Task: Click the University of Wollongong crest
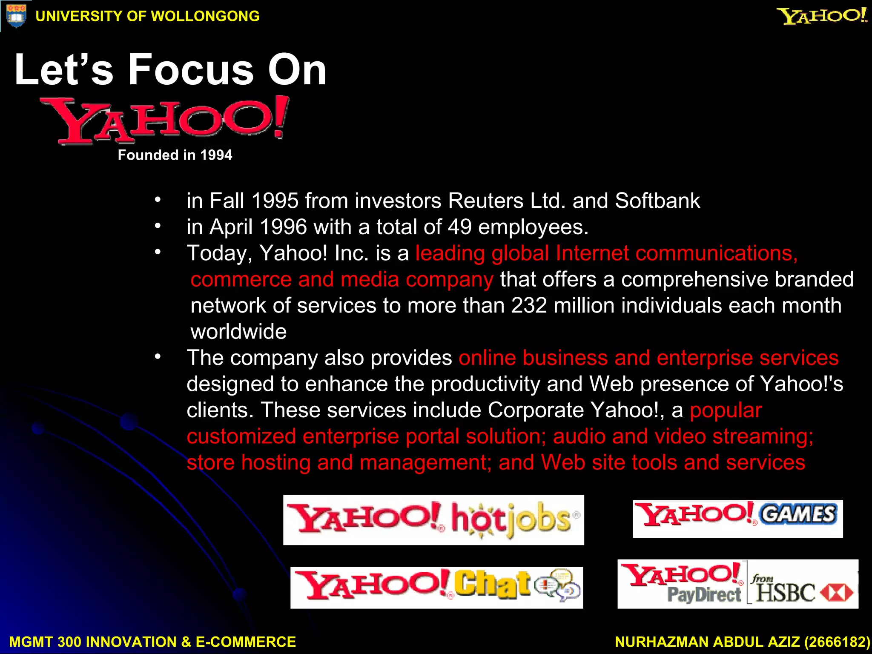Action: coord(16,16)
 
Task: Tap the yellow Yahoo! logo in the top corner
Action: coord(822,16)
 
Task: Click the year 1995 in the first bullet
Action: coord(275,201)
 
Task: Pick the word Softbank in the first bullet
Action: coord(657,201)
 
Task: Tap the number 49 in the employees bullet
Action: coord(459,227)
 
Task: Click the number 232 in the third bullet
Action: coord(529,306)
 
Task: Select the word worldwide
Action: coord(238,332)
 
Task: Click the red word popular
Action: coord(726,410)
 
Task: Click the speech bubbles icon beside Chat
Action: coord(558,585)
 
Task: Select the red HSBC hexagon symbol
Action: coord(837,592)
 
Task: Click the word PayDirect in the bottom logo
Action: coord(704,595)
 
